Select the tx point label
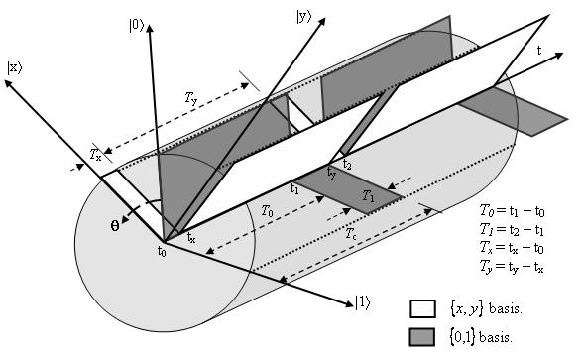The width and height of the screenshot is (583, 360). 191,238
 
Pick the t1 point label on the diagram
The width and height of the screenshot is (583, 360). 294,187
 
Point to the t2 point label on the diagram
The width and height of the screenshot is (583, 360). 347,163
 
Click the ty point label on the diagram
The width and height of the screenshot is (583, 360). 332,175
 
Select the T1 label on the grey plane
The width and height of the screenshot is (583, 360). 368,194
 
